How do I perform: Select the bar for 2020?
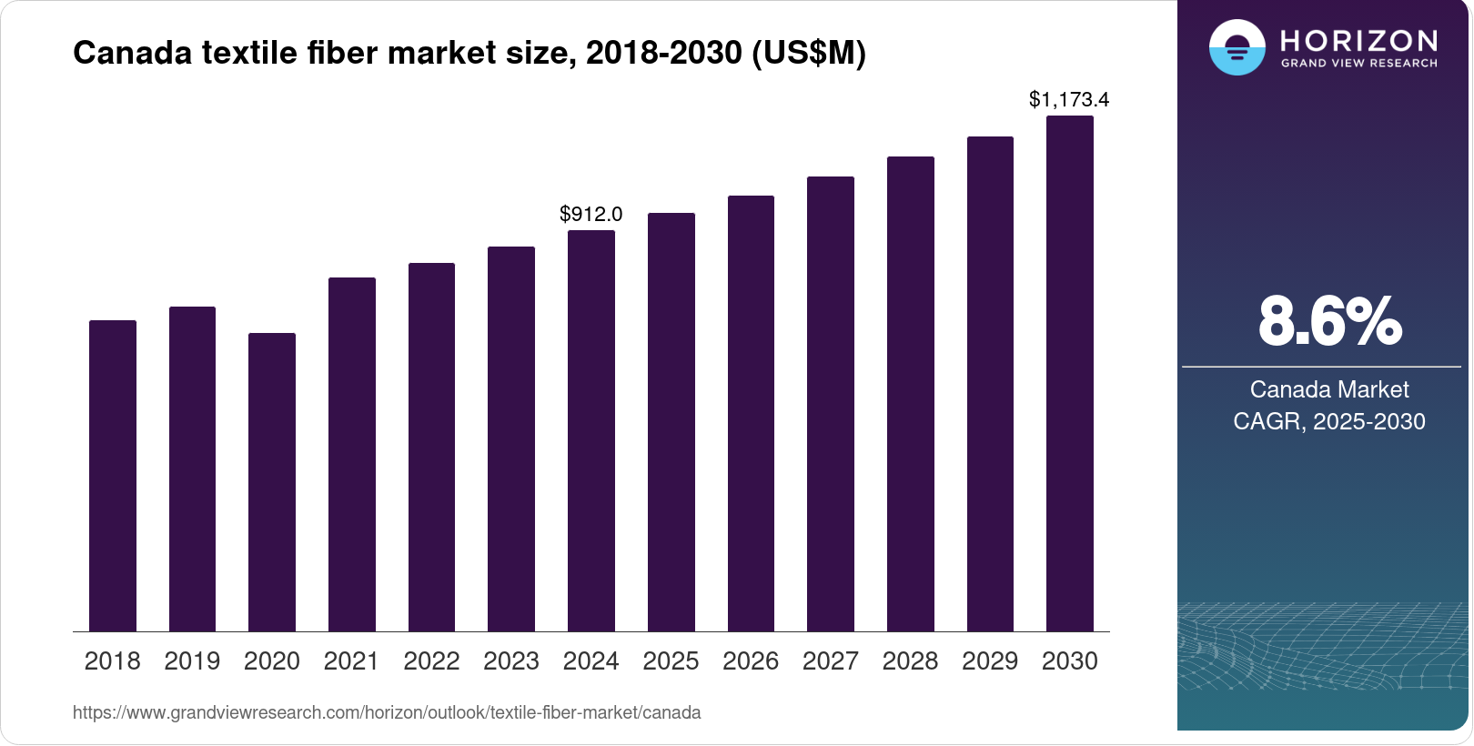(272, 482)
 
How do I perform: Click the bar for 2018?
(113, 476)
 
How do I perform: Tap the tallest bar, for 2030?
(1070, 373)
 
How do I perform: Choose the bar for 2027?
(831, 404)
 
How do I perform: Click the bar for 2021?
(352, 454)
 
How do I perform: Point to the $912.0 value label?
(591, 214)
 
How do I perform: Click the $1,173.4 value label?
(1069, 99)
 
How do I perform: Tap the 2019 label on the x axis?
(192, 661)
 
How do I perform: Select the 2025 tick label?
(671, 661)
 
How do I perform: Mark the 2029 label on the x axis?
(990, 661)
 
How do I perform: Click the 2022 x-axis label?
(431, 661)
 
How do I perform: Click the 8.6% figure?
(1329, 321)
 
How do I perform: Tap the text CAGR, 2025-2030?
(1328, 421)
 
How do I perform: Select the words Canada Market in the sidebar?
(1328, 389)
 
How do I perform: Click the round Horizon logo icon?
(1237, 47)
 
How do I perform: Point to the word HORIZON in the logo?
(1358, 40)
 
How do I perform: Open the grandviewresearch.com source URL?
(387, 712)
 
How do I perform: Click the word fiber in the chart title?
(341, 53)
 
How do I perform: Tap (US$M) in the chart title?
(808, 53)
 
